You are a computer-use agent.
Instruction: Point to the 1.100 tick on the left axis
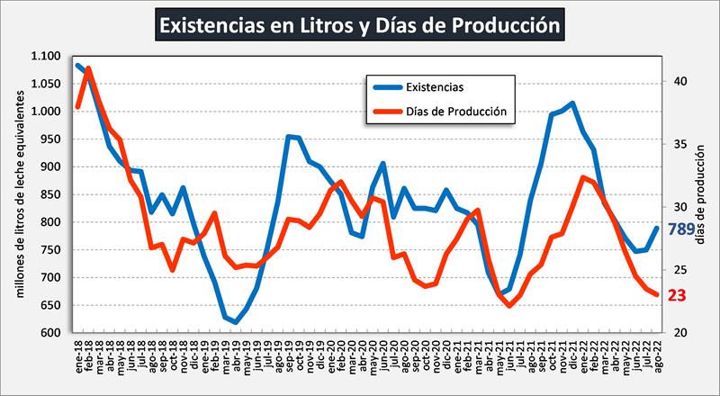pyautogui.click(x=46, y=57)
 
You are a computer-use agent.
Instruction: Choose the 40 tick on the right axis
pyautogui.click(x=680, y=81)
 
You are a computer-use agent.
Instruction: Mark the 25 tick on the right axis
pyautogui.click(x=680, y=270)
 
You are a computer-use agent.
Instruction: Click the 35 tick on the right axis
pyautogui.click(x=680, y=144)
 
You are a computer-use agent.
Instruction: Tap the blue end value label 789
pyautogui.click(x=680, y=230)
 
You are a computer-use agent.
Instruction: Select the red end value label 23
pyautogui.click(x=677, y=294)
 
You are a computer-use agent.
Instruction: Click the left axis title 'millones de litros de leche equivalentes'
pyautogui.click(x=18, y=194)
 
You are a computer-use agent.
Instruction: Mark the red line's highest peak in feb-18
pyautogui.click(x=88, y=68)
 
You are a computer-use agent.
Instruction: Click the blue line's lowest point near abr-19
pyautogui.click(x=236, y=322)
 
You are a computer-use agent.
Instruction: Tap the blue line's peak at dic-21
pyautogui.click(x=573, y=103)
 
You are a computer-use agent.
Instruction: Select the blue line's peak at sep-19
pyautogui.click(x=288, y=137)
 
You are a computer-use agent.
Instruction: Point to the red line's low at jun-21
pyautogui.click(x=509, y=306)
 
